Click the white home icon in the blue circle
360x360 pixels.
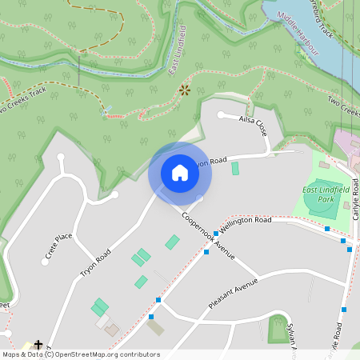click(180, 173)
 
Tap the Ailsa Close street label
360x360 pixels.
click(253, 125)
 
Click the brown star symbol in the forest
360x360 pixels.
click(185, 90)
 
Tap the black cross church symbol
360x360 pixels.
click(38, 345)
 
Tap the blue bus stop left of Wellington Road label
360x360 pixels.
click(216, 234)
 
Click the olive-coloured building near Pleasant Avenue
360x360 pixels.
click(155, 327)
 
